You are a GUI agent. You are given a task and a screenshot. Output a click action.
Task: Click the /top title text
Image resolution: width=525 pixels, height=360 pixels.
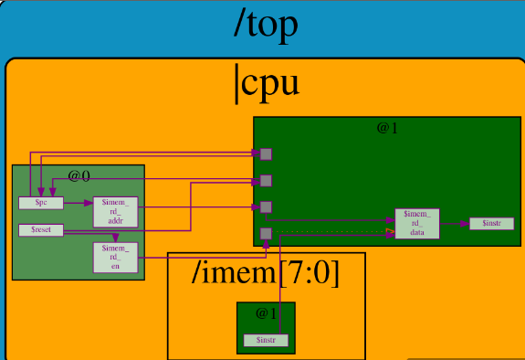tap(266, 25)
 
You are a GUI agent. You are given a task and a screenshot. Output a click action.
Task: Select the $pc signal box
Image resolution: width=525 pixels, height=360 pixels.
tap(40, 202)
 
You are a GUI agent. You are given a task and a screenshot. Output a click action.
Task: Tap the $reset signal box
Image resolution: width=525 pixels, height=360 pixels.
tap(40, 230)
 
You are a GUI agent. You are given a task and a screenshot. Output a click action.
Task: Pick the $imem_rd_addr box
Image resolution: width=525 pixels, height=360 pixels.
tap(116, 211)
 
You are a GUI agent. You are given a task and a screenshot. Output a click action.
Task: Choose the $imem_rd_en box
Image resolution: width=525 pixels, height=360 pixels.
tap(116, 258)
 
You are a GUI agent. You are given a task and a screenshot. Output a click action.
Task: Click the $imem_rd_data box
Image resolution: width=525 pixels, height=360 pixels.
tap(416, 223)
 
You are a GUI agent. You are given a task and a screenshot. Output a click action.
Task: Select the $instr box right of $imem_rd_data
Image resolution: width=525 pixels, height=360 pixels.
tap(491, 223)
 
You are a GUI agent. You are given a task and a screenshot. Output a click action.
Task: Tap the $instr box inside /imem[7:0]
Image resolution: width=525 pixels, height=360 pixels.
tap(266, 340)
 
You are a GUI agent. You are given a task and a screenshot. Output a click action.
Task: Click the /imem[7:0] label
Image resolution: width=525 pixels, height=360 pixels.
tap(266, 273)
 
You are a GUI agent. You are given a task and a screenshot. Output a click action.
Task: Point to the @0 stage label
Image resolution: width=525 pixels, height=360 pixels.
tap(79, 175)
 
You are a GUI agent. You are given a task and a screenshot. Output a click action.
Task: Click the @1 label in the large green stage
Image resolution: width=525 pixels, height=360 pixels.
tap(387, 128)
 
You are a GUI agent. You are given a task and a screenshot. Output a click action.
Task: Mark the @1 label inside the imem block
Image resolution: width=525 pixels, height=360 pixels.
tap(266, 313)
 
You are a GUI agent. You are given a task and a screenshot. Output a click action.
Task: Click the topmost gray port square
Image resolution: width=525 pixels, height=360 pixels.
tap(266, 154)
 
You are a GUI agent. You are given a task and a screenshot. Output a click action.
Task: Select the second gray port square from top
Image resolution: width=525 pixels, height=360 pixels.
tap(266, 180)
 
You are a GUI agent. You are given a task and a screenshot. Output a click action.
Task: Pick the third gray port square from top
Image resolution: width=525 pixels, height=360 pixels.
tap(266, 206)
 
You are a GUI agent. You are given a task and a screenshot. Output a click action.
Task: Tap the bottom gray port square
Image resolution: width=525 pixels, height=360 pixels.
tap(266, 234)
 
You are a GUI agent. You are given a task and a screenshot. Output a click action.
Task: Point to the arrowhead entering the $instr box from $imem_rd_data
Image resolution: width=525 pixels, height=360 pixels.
tap(466, 223)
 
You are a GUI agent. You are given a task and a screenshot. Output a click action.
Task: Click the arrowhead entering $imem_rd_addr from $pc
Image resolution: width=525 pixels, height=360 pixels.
tap(90, 203)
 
